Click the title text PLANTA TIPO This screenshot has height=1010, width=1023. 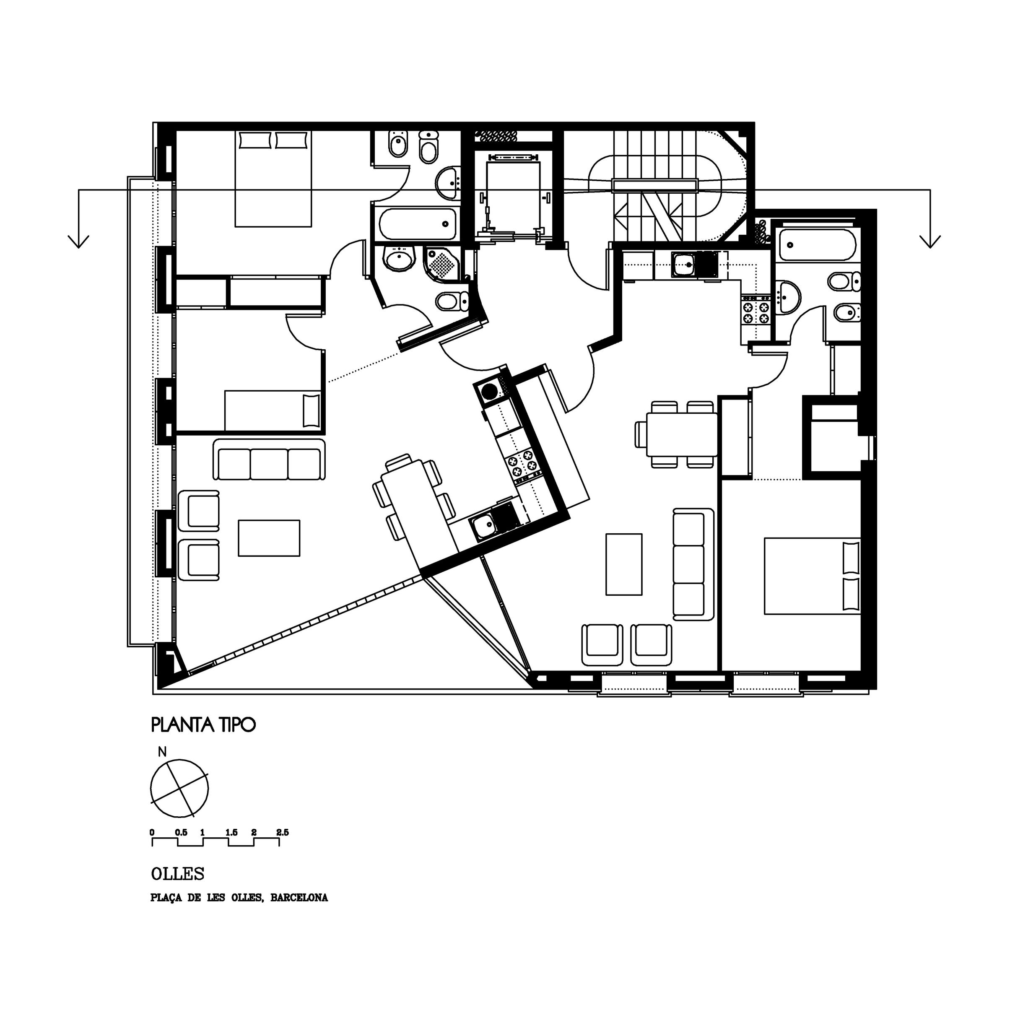(203, 724)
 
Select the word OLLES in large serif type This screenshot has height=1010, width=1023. (178, 873)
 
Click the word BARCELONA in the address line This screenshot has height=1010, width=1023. (299, 898)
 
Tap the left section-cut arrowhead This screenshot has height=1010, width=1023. (79, 241)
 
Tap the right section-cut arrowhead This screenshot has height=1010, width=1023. (930, 241)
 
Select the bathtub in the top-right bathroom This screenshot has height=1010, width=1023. (818, 244)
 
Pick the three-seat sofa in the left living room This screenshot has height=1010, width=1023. (270, 460)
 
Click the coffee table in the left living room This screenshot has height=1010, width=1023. (270, 538)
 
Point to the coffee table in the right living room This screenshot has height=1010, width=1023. (624, 564)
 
